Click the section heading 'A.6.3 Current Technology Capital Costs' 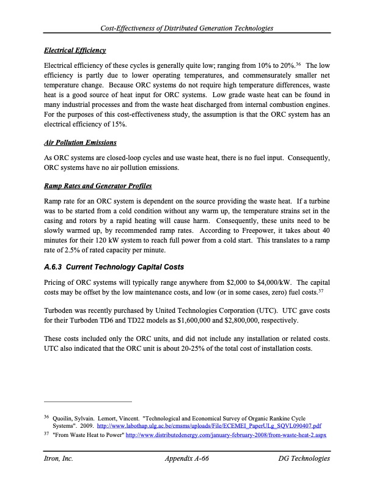click(114, 267)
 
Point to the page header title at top click(187, 29)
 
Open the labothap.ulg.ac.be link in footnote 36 click(210, 425)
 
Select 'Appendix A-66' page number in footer click(188, 458)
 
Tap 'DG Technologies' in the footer click(304, 458)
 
